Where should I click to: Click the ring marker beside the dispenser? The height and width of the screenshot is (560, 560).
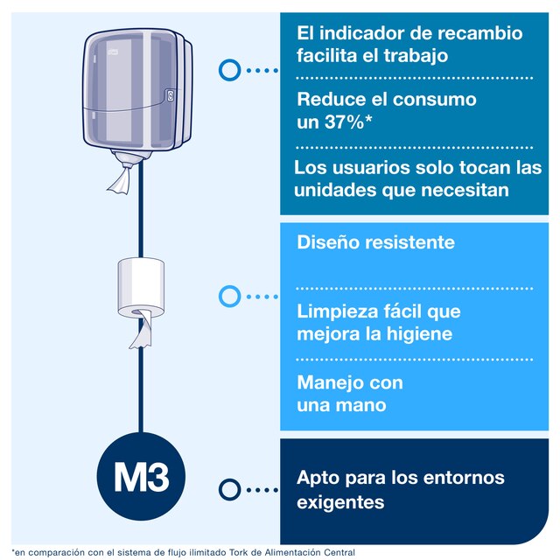point(229,70)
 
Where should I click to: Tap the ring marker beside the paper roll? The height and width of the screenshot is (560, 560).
point(229,297)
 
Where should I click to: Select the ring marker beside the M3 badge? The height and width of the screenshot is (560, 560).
point(229,489)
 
